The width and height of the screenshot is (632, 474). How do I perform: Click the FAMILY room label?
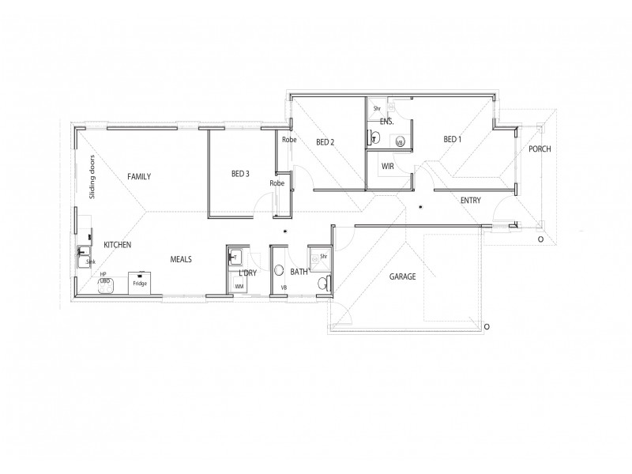click(x=139, y=176)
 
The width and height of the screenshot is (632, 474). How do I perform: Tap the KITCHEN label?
click(x=117, y=245)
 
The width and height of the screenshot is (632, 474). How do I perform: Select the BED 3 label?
click(x=241, y=174)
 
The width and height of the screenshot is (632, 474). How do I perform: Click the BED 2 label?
click(x=325, y=142)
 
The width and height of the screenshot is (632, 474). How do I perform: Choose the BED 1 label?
click(x=452, y=139)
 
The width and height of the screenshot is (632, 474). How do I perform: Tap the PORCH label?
click(x=540, y=149)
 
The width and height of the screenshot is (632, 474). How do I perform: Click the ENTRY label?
click(x=470, y=201)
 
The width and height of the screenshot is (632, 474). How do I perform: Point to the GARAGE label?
click(x=401, y=276)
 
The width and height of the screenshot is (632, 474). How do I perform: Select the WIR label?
click(x=387, y=167)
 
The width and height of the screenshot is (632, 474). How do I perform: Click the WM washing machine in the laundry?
click(x=239, y=286)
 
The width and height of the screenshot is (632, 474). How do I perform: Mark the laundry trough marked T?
click(x=235, y=257)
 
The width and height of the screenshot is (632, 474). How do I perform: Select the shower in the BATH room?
click(x=319, y=258)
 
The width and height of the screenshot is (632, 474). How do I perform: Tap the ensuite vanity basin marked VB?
click(x=400, y=143)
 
